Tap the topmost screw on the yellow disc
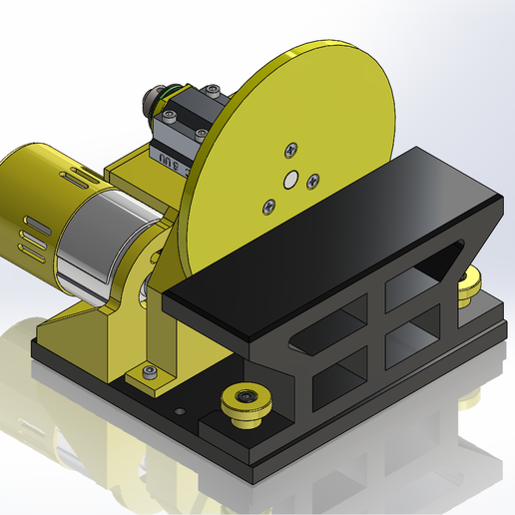(x=290, y=150)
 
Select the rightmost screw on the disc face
(x=313, y=180)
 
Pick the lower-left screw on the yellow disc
(x=266, y=206)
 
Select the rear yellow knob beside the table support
(x=466, y=288)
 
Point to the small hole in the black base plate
(x=180, y=410)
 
